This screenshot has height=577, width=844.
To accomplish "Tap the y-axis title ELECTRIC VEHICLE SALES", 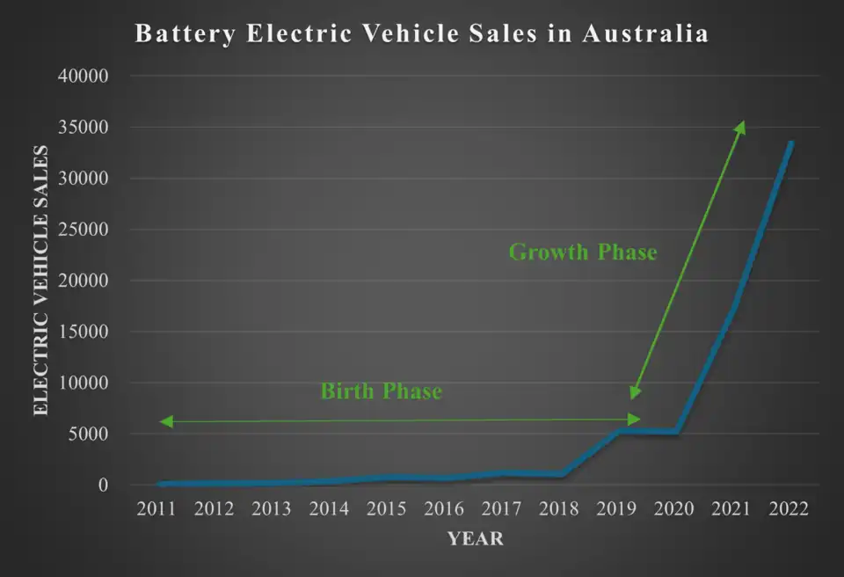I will click(x=40, y=280).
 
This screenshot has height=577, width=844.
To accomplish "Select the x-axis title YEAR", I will click(x=476, y=538).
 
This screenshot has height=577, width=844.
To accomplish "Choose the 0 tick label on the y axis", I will click(x=104, y=485).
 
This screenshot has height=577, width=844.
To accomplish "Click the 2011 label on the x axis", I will click(x=157, y=509).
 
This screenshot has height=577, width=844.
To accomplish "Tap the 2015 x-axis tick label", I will click(x=387, y=509).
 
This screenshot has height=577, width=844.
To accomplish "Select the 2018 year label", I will click(x=559, y=509).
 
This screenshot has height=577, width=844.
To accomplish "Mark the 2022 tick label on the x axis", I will click(x=789, y=509).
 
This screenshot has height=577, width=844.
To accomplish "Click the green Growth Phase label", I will click(x=583, y=252).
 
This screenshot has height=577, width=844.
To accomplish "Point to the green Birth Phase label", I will click(x=381, y=391).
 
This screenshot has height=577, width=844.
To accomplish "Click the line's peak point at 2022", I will click(x=791, y=143).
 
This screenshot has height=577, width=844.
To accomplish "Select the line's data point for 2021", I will click(x=734, y=304).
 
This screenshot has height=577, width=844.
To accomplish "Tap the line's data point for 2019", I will click(x=620, y=431).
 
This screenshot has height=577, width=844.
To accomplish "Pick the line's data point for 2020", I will click(x=677, y=432).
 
